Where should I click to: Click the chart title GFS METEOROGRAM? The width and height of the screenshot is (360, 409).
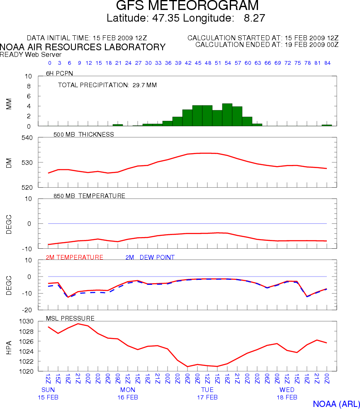[x=187, y=6]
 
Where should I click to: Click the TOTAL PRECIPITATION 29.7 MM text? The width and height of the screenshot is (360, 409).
[x=107, y=85]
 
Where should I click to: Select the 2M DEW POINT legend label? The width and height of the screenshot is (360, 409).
[x=150, y=257]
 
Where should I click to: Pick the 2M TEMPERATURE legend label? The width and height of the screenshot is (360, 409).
[x=74, y=257]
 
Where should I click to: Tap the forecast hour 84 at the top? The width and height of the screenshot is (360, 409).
[x=327, y=63]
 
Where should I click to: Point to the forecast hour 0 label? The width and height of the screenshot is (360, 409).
[x=50, y=63]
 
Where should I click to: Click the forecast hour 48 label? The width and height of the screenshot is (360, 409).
[x=208, y=63]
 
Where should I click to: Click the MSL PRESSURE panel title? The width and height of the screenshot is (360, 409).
[x=73, y=318]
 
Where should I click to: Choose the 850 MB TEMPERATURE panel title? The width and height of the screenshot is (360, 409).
[x=89, y=196]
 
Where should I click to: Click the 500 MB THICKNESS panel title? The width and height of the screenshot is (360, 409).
[x=83, y=134]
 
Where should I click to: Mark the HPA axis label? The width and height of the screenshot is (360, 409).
[x=9, y=347]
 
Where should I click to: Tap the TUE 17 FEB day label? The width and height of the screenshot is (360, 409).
[x=207, y=394]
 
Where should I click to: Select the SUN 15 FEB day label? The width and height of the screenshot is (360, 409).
[x=48, y=394]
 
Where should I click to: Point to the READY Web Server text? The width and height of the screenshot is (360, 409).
[x=31, y=54]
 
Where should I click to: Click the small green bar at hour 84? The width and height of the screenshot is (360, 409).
[x=327, y=125]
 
